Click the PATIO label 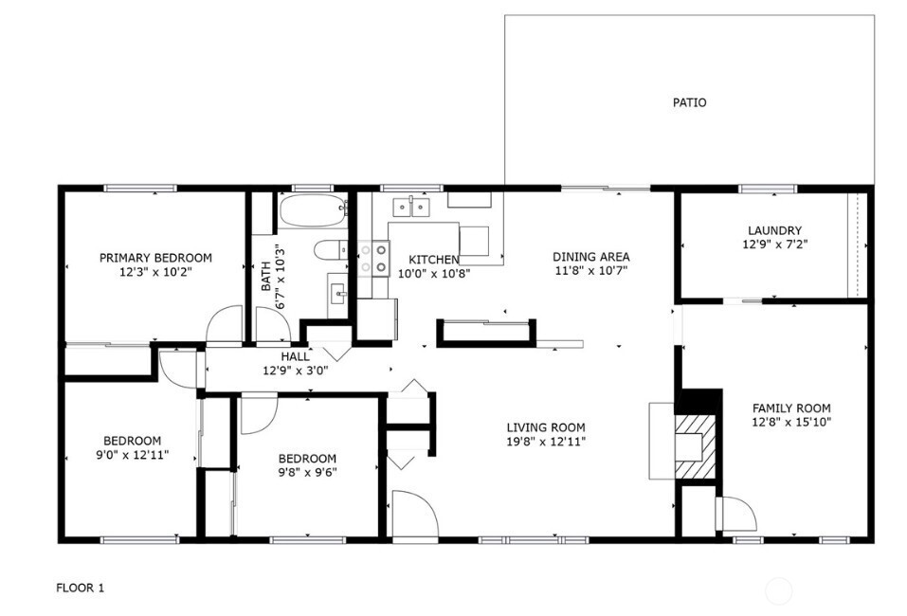click(x=689, y=102)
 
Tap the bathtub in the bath click(x=314, y=211)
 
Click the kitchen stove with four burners click(x=375, y=258)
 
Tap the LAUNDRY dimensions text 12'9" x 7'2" click(x=774, y=245)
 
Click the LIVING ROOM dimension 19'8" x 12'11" click(x=545, y=442)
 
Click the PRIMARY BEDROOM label click(x=155, y=258)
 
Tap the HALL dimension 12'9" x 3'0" click(x=295, y=371)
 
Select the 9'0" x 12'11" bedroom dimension click(x=132, y=455)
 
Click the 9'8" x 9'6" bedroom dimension click(x=307, y=472)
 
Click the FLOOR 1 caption click(x=81, y=589)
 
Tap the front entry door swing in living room click(x=413, y=515)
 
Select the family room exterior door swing click(x=736, y=515)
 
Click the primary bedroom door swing click(x=226, y=325)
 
